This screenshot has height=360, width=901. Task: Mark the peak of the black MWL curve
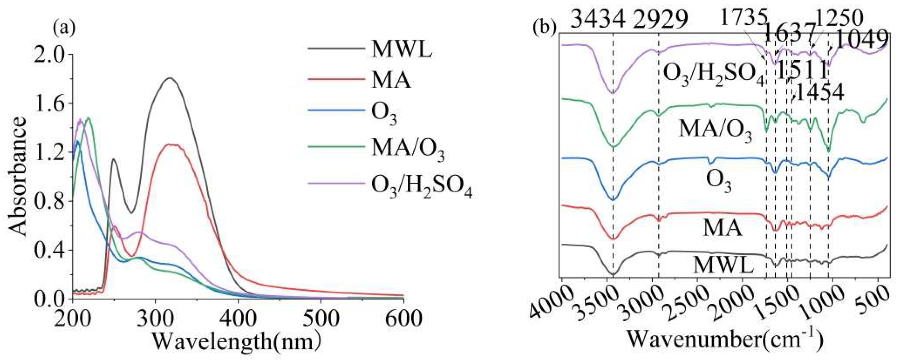coord(170,78)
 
